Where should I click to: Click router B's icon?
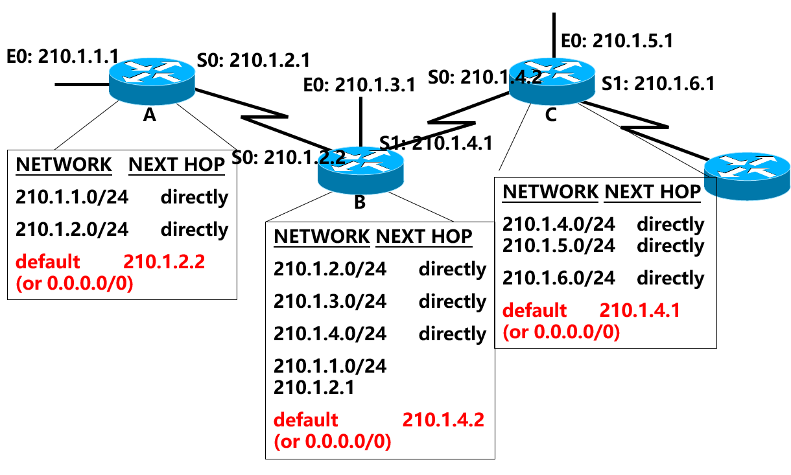tap(360, 169)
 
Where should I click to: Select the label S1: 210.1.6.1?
tap(658, 84)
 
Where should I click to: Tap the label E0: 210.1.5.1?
tap(617, 41)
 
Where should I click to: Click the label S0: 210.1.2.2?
tap(288, 156)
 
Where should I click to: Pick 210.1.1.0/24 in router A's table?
tap(71, 196)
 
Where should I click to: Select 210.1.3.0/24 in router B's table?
tap(329, 301)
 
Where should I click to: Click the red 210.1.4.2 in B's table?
tap(443, 419)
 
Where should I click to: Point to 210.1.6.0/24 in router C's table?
tap(559, 278)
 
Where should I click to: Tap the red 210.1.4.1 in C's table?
tap(640, 310)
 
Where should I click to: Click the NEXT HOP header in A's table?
tap(177, 165)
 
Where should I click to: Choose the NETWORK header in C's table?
tap(550, 192)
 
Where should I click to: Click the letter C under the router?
tap(551, 115)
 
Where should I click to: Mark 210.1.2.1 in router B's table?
tap(314, 388)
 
